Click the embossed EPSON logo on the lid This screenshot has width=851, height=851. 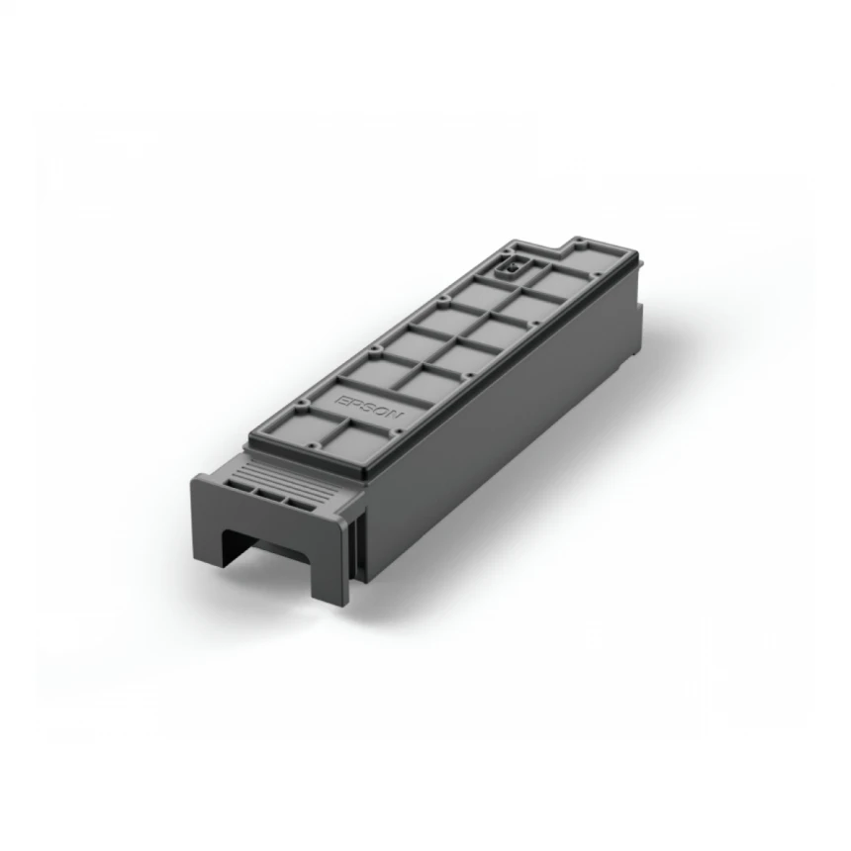(369, 411)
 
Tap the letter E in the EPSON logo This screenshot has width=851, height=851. (346, 397)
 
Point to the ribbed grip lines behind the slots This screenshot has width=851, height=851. (297, 475)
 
